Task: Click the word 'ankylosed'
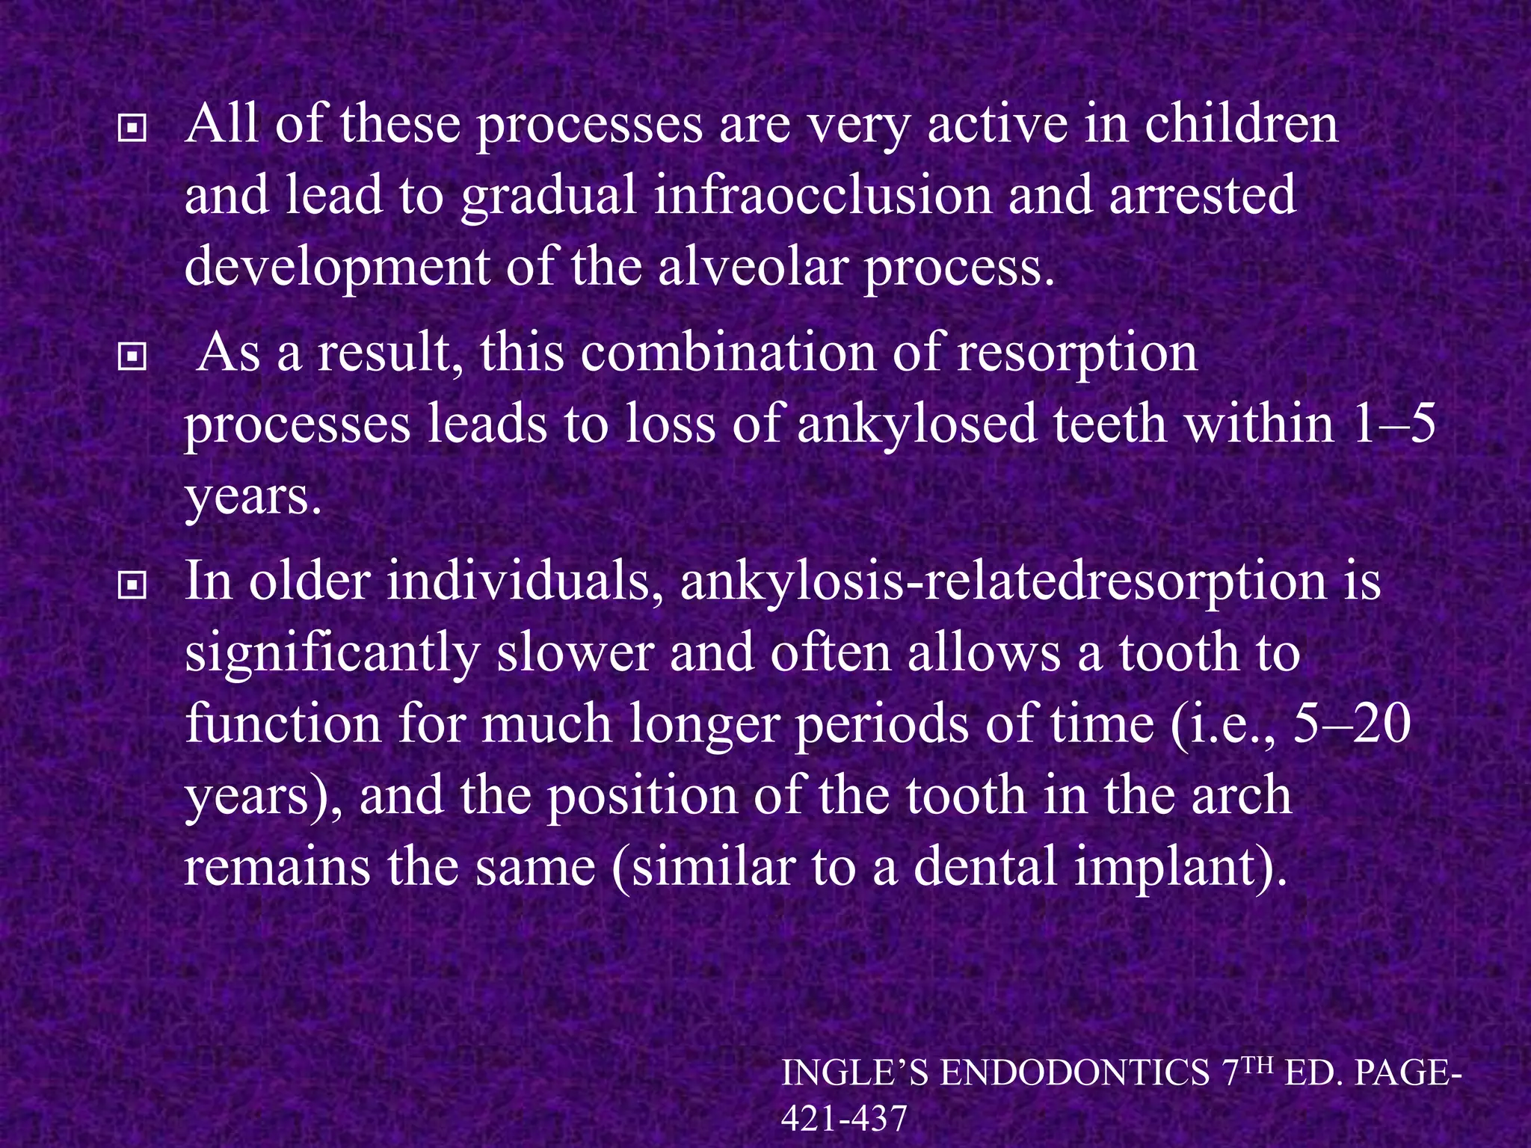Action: coord(917,425)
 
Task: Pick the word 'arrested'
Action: coord(1203,196)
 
